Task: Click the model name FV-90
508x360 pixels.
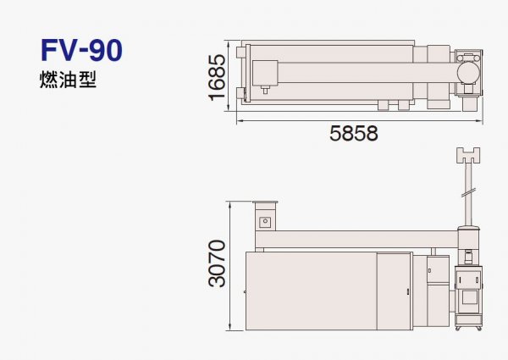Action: click(x=81, y=50)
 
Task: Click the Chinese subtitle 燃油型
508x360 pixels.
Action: click(x=68, y=80)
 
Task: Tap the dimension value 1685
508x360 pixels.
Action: click(x=217, y=77)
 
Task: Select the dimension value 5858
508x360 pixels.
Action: click(x=353, y=133)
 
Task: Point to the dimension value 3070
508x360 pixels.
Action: click(x=217, y=263)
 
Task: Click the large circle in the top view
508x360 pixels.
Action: click(x=468, y=73)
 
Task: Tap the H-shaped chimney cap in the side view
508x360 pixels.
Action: click(x=468, y=155)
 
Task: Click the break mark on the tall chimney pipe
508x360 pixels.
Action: click(x=468, y=192)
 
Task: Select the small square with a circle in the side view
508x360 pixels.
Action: click(x=265, y=222)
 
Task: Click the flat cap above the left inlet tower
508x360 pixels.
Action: click(x=265, y=202)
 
